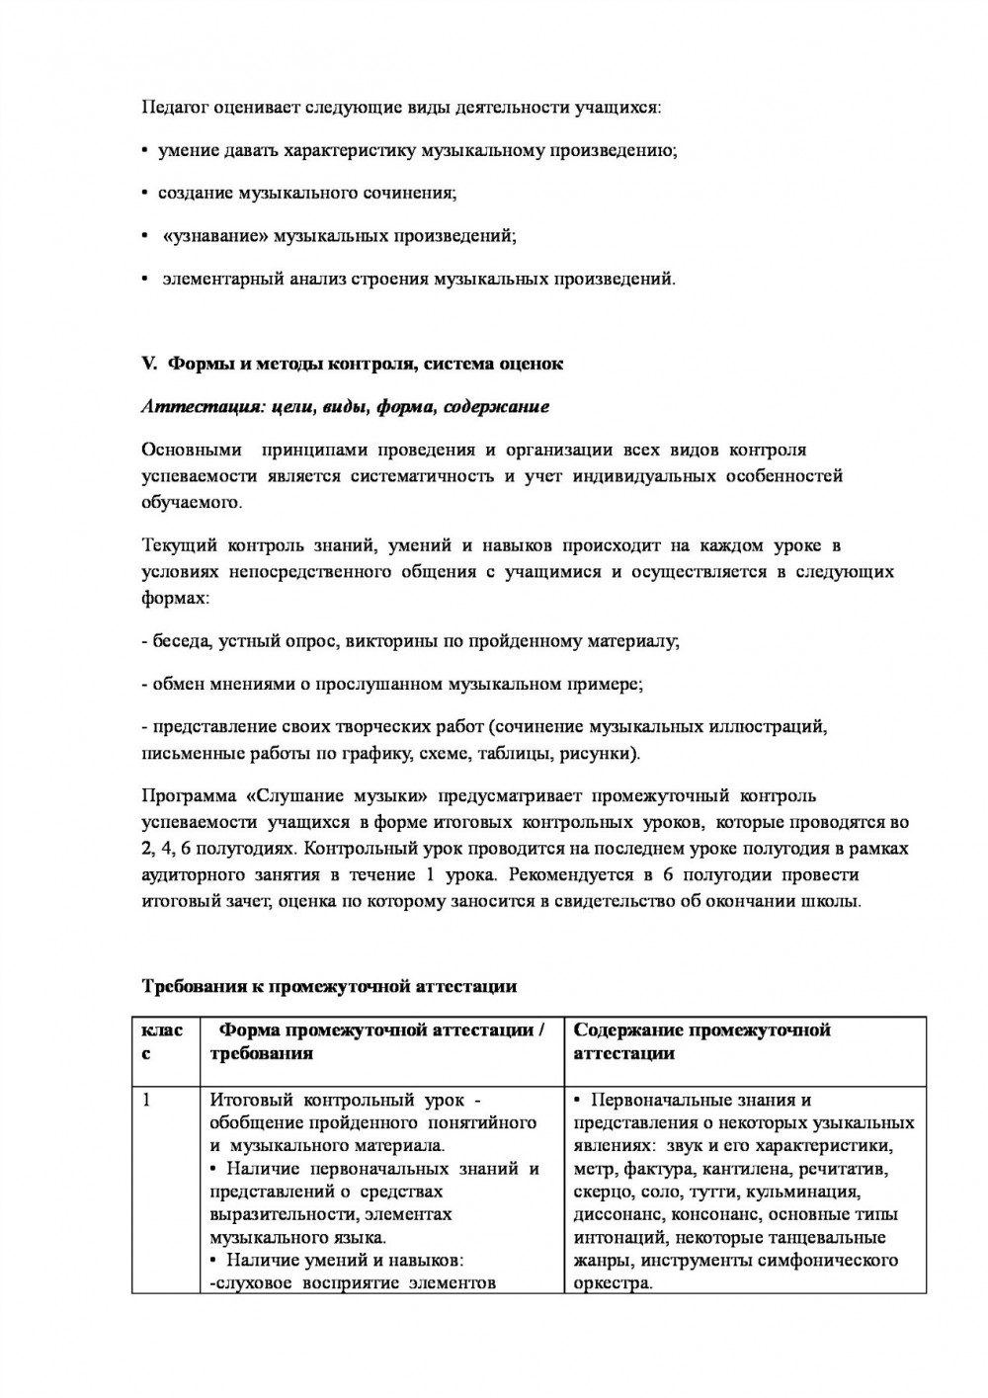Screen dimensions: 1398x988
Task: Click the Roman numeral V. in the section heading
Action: [x=150, y=364]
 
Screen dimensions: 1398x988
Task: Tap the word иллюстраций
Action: [x=767, y=727]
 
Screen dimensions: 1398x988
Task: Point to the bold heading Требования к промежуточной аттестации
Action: [x=330, y=986]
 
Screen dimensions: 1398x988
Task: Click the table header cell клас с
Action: [x=162, y=1041]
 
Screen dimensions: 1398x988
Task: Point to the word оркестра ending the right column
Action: [x=611, y=1283]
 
